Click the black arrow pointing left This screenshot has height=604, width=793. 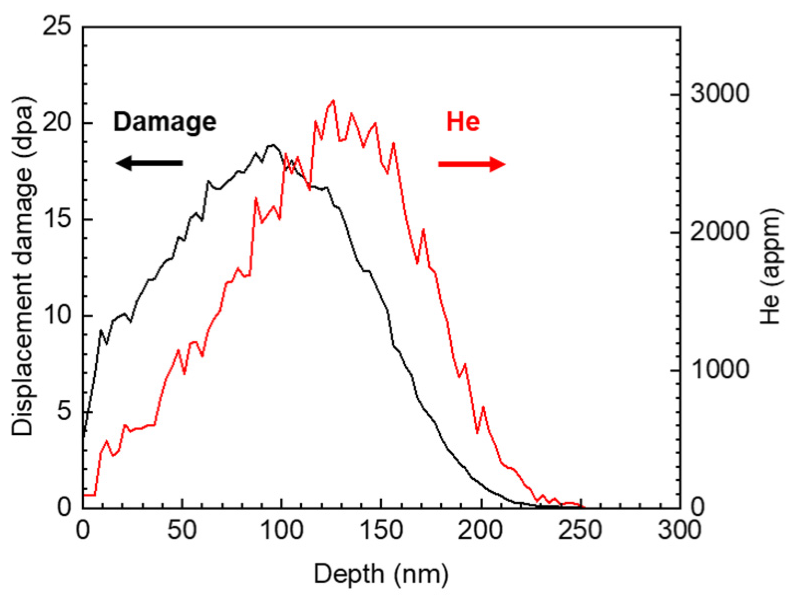pyautogui.click(x=149, y=163)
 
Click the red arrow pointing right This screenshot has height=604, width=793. pyautogui.click(x=471, y=164)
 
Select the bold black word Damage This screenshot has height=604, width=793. pyautogui.click(x=165, y=122)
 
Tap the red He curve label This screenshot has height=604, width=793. pyautogui.click(x=463, y=122)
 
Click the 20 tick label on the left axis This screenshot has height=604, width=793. pyautogui.click(x=57, y=123)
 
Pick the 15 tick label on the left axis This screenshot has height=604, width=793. pyautogui.click(x=57, y=220)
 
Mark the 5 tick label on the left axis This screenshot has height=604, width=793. pyautogui.click(x=64, y=412)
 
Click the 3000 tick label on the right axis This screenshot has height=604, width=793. pyautogui.click(x=719, y=94)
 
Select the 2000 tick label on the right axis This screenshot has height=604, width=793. pyautogui.click(x=719, y=232)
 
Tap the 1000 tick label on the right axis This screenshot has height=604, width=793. pyautogui.click(x=719, y=370)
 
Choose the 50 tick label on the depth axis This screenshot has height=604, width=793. pyautogui.click(x=182, y=530)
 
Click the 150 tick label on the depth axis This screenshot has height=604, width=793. pyautogui.click(x=381, y=530)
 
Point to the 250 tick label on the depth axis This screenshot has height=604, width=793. pyautogui.click(x=580, y=530)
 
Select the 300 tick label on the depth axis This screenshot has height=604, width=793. pyautogui.click(x=679, y=530)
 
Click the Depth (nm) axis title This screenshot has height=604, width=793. pyautogui.click(x=381, y=574)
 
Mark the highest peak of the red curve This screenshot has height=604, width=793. pyautogui.click(x=333, y=101)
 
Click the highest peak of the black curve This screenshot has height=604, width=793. pyautogui.click(x=273, y=145)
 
